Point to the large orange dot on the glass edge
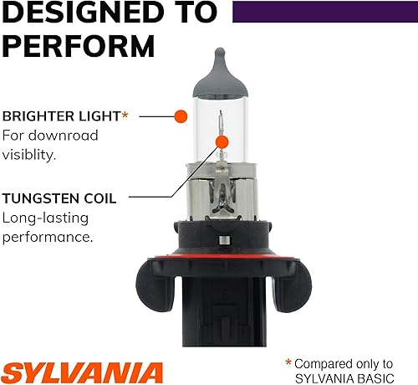coord(180,116)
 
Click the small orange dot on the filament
coord(221,142)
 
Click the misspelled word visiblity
coord(31,154)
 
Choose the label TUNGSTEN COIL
coord(59,199)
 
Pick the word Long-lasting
coord(43,218)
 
